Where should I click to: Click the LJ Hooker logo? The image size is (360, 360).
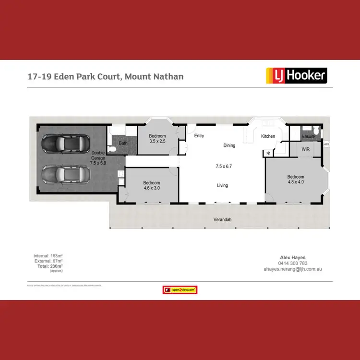pyautogui.click(x=296, y=75)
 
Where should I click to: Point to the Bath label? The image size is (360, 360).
pyautogui.click(x=123, y=143)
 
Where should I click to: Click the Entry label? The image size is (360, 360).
pyautogui.click(x=199, y=136)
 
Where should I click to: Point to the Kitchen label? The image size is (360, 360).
pyautogui.click(x=268, y=136)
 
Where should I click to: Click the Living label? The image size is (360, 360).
pyautogui.click(x=222, y=185)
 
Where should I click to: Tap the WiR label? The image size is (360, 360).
pyautogui.click(x=305, y=150)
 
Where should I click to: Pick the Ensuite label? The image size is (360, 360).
pyautogui.click(x=308, y=137)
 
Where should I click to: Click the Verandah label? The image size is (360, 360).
pyautogui.click(x=222, y=219)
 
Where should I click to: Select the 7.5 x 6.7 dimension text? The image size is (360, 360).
pyautogui.click(x=223, y=167)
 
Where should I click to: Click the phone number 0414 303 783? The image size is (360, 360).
pyautogui.click(x=294, y=263)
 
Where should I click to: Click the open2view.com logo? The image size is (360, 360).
pyautogui.click(x=180, y=290)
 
